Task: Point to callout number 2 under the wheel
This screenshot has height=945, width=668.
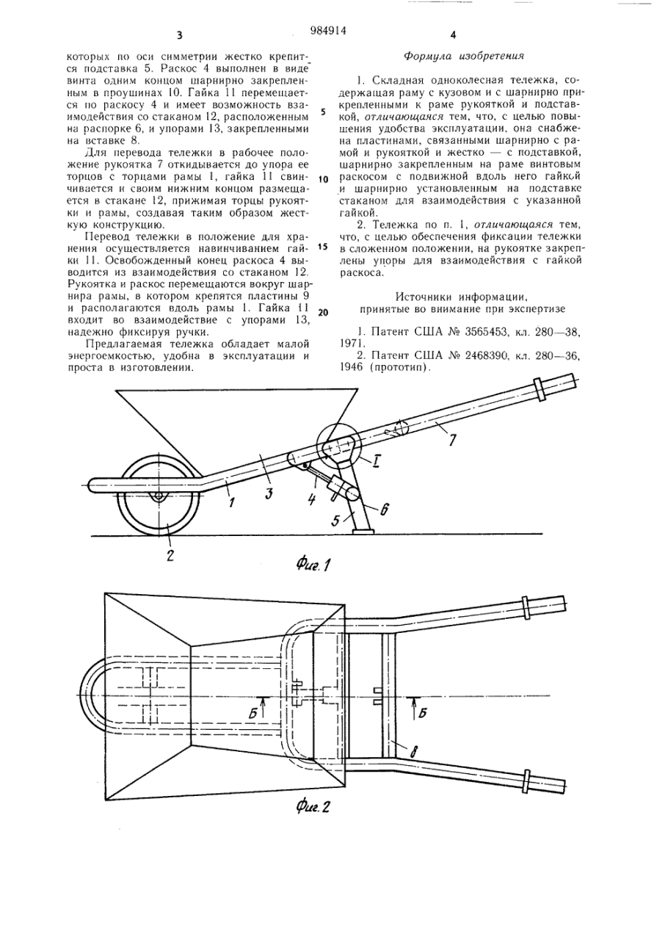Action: pyautogui.click(x=169, y=555)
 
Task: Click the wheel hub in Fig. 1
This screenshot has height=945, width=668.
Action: pyautogui.click(x=159, y=497)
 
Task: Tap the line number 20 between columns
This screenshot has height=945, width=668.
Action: pyautogui.click(x=323, y=311)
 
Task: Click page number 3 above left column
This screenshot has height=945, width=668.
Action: pyautogui.click(x=179, y=35)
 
